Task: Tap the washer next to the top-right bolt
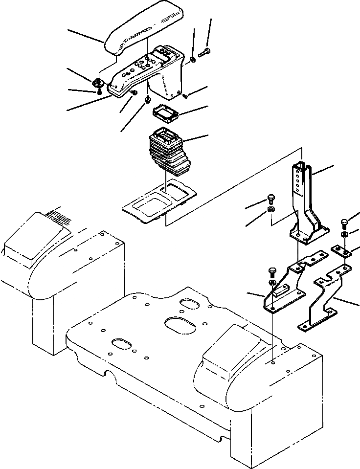click(193, 60)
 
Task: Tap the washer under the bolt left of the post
click(272, 210)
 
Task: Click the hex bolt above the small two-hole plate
click(344, 225)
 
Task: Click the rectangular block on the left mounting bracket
click(282, 293)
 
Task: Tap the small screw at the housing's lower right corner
click(186, 96)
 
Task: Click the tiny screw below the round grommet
click(99, 90)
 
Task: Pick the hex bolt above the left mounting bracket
click(272, 271)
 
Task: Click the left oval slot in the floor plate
click(122, 343)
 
